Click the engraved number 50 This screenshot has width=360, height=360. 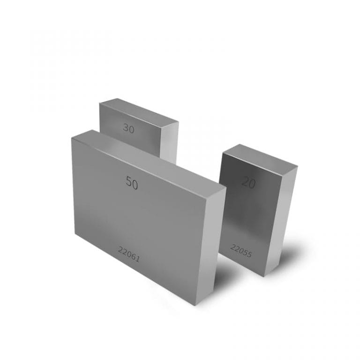click(x=132, y=183)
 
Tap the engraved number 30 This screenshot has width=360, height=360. click(x=128, y=128)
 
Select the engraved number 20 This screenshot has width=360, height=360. click(x=248, y=182)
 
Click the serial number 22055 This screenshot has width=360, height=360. click(x=241, y=251)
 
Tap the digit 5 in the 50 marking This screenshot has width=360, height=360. click(x=129, y=182)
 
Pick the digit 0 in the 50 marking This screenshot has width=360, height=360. click(x=135, y=184)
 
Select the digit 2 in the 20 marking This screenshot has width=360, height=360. click(x=245, y=182)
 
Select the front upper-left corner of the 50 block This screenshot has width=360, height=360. click(x=71, y=137)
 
